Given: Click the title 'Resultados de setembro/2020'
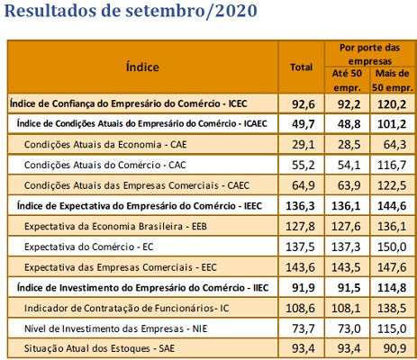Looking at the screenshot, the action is coord(131,10).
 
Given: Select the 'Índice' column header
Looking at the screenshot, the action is coord(142,67).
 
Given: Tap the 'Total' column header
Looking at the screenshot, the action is coord(301,67).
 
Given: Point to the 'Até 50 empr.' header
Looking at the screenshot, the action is coord(347,80).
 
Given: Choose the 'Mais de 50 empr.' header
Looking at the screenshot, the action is coord(393,80).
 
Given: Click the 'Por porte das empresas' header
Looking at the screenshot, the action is coord(369,54).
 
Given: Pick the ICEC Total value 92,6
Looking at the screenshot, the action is coord(304,104).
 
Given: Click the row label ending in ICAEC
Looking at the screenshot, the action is coord(142,123).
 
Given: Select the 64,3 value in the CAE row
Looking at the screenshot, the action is coord(395,145).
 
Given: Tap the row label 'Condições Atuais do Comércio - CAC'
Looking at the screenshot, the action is coord(105,165).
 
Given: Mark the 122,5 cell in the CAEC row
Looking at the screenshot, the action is coord(392,185).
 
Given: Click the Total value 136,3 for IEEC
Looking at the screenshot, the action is coord(300,206).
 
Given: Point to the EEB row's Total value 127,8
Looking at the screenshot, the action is coord(300,226).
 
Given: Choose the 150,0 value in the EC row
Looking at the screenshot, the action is coord(392,247).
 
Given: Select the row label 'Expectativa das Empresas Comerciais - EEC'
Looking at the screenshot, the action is coord(121,267).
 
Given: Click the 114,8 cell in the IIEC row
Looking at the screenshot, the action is coord(392,288).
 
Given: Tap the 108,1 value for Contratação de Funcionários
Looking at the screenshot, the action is coord(346,308).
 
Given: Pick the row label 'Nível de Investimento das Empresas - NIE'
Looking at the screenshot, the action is coord(116,328).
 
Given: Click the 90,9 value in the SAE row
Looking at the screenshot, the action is coord(395,348).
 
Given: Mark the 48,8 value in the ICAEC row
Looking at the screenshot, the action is coord(349,124).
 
